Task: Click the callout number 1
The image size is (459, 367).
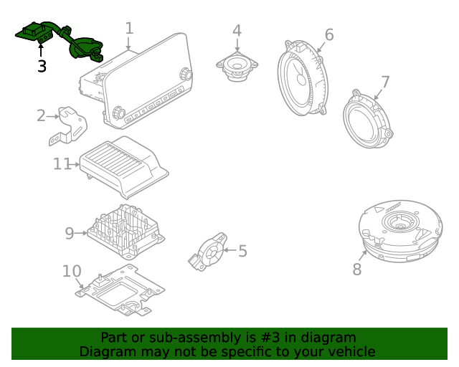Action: (129, 29)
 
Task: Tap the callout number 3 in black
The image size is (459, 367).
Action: (42, 67)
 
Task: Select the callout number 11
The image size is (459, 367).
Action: (62, 164)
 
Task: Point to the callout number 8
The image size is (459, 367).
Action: (357, 270)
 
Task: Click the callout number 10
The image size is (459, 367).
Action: (72, 272)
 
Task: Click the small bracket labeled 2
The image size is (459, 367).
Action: (71, 123)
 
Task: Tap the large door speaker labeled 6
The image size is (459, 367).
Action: (301, 79)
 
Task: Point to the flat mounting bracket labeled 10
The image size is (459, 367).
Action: (118, 290)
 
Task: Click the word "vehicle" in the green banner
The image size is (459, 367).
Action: (351, 352)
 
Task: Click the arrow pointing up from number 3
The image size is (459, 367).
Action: (42, 49)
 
